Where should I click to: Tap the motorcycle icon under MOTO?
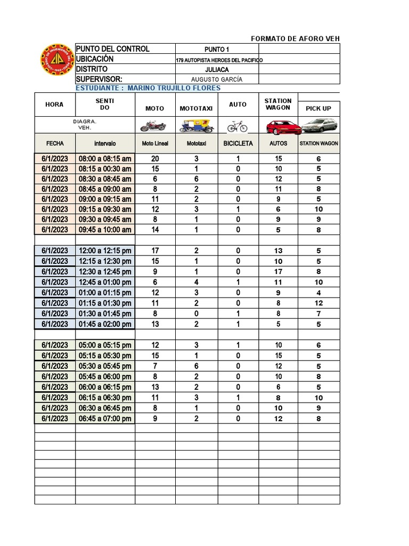(x=153, y=126)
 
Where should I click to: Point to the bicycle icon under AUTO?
(x=237, y=126)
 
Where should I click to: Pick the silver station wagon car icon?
(x=318, y=126)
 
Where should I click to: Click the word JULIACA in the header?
(x=217, y=69)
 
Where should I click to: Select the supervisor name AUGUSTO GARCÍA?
(x=217, y=79)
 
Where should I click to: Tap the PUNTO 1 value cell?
(x=217, y=50)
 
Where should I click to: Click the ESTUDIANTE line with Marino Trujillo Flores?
(x=148, y=88)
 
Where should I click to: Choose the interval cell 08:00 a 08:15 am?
(x=105, y=159)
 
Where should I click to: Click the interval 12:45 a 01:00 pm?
(x=105, y=282)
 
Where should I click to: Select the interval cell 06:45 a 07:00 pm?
(x=105, y=419)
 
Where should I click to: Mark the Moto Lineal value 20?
(x=155, y=159)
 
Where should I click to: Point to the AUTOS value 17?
(x=279, y=271)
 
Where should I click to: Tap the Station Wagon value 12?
(x=318, y=303)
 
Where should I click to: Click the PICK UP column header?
(x=318, y=108)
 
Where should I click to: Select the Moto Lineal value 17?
(x=155, y=251)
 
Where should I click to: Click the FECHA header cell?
(x=55, y=143)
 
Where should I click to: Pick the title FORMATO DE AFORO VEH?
(x=295, y=39)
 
